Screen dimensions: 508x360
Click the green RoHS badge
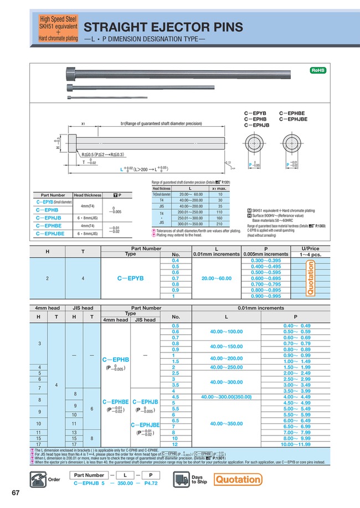point(318,70)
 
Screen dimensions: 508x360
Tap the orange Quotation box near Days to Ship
point(238,479)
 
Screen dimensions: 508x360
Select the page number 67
point(15,493)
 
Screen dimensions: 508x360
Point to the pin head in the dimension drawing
point(74,142)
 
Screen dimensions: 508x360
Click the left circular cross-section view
point(258,143)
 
